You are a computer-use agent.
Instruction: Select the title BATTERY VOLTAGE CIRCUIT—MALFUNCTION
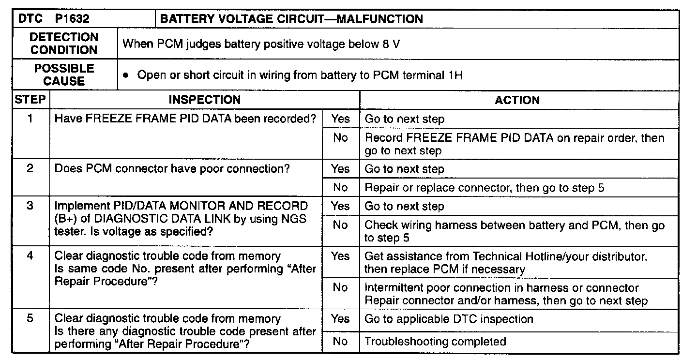tap(291, 19)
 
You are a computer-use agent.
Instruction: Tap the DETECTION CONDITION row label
tap(64, 44)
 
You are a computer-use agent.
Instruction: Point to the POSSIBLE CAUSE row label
tap(64, 75)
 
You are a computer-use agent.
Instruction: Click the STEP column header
tap(30, 100)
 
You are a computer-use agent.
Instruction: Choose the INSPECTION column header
tap(204, 100)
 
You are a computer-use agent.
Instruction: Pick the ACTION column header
tap(517, 100)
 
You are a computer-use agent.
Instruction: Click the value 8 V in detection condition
tap(391, 44)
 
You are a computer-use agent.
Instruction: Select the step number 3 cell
tap(30, 206)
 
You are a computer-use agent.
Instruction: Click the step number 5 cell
tap(30, 319)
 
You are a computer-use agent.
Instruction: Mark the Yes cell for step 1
tap(341, 119)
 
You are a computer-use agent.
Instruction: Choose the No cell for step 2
tap(341, 187)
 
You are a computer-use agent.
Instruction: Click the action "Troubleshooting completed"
tap(435, 342)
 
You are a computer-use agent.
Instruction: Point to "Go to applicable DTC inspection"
tap(449, 319)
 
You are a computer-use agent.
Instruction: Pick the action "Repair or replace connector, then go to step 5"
tap(484, 188)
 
